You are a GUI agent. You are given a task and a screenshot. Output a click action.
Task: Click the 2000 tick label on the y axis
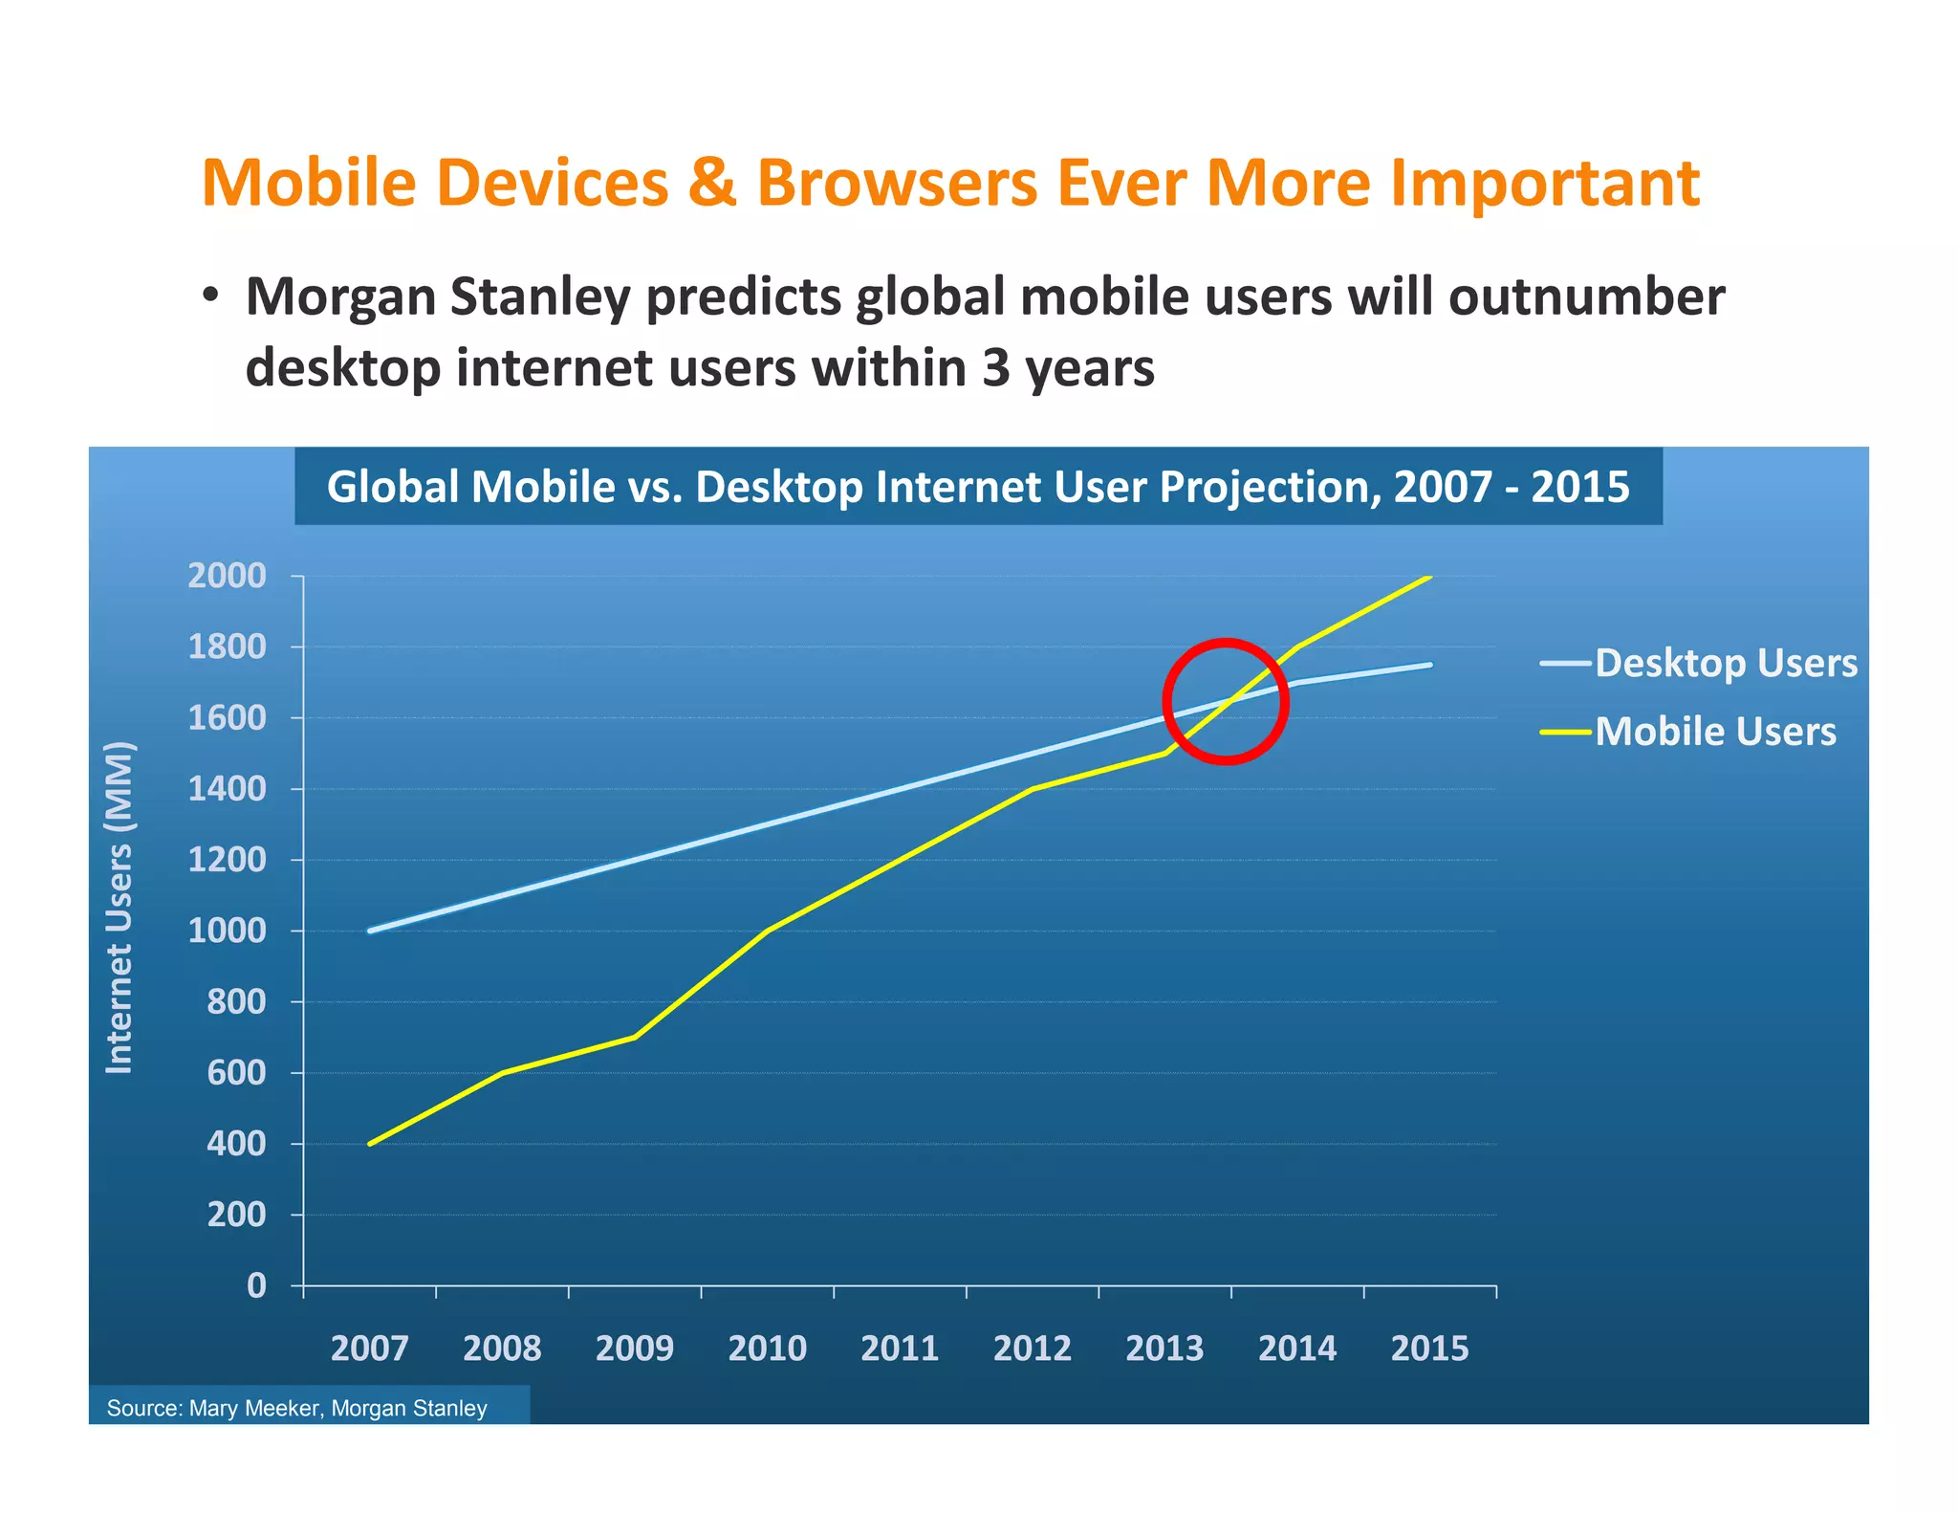click(227, 576)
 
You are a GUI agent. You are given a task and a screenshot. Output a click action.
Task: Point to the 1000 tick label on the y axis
click(227, 931)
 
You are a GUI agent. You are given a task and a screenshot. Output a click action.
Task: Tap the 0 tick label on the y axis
click(256, 1285)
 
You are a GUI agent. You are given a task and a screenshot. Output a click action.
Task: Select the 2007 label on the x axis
click(369, 1349)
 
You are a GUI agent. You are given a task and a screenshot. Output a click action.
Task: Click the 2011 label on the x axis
click(900, 1349)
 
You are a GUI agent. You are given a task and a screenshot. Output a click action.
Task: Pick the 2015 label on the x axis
click(1429, 1349)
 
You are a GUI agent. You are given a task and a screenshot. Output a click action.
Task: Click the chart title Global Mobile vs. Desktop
click(977, 487)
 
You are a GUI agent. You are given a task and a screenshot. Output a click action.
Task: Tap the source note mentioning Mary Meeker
click(297, 1408)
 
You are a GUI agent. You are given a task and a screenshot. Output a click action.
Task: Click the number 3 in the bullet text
click(995, 368)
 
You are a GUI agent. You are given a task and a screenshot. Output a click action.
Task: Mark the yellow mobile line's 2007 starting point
click(370, 1144)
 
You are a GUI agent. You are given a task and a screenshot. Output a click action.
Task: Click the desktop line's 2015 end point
click(1430, 665)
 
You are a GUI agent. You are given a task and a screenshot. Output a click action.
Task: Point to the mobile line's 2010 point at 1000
click(768, 931)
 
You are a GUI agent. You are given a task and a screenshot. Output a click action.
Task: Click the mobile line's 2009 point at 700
click(635, 1037)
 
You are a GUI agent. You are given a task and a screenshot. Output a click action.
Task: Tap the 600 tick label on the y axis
click(236, 1073)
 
